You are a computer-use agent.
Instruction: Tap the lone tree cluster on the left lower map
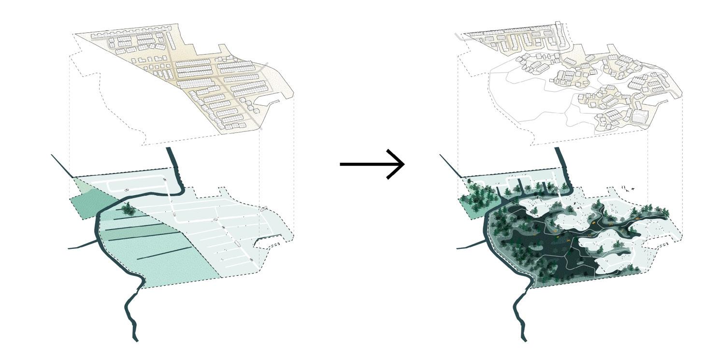pos(128,209)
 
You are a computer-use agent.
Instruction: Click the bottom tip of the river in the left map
pos(136,340)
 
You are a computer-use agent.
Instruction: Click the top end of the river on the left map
pos(170,150)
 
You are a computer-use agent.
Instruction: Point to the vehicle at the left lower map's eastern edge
pos(263,209)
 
